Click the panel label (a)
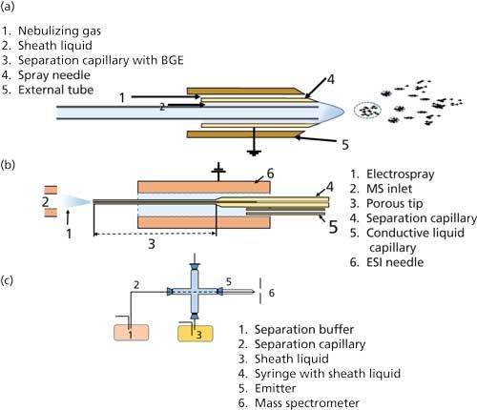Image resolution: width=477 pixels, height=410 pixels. (8, 7)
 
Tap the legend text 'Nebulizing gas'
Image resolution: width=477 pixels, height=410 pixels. (59, 31)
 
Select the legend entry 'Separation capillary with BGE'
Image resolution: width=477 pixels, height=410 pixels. (100, 60)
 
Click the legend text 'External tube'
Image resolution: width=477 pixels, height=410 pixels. (55, 90)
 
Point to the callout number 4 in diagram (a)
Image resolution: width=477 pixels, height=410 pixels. (331, 79)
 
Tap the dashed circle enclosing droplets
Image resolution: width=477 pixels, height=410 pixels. (367, 111)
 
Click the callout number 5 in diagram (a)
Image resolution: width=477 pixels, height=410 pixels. (345, 145)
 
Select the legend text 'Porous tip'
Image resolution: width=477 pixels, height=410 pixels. (394, 203)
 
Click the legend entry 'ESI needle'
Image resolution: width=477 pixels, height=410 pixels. (395, 262)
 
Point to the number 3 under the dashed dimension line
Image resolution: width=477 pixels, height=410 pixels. (152, 244)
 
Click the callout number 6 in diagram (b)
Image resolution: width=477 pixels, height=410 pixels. (270, 174)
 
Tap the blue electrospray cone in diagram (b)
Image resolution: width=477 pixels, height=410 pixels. (75, 201)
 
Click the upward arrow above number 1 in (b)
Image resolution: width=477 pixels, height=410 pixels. (68, 217)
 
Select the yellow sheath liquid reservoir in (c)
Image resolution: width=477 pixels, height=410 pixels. (196, 334)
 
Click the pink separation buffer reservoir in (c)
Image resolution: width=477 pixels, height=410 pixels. (131, 333)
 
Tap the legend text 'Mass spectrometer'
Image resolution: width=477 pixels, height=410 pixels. (307, 403)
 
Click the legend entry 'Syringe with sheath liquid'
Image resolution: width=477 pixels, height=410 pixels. (327, 374)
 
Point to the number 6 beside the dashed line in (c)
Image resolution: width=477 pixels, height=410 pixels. (271, 293)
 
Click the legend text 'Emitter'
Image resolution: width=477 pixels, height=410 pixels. (275, 388)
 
